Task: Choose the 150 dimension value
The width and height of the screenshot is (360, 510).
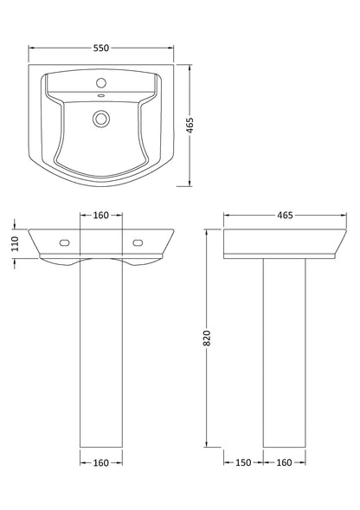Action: (x=243, y=464)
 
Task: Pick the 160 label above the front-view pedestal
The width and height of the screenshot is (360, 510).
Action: (x=102, y=214)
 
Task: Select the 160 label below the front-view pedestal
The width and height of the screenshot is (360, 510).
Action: (x=102, y=464)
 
